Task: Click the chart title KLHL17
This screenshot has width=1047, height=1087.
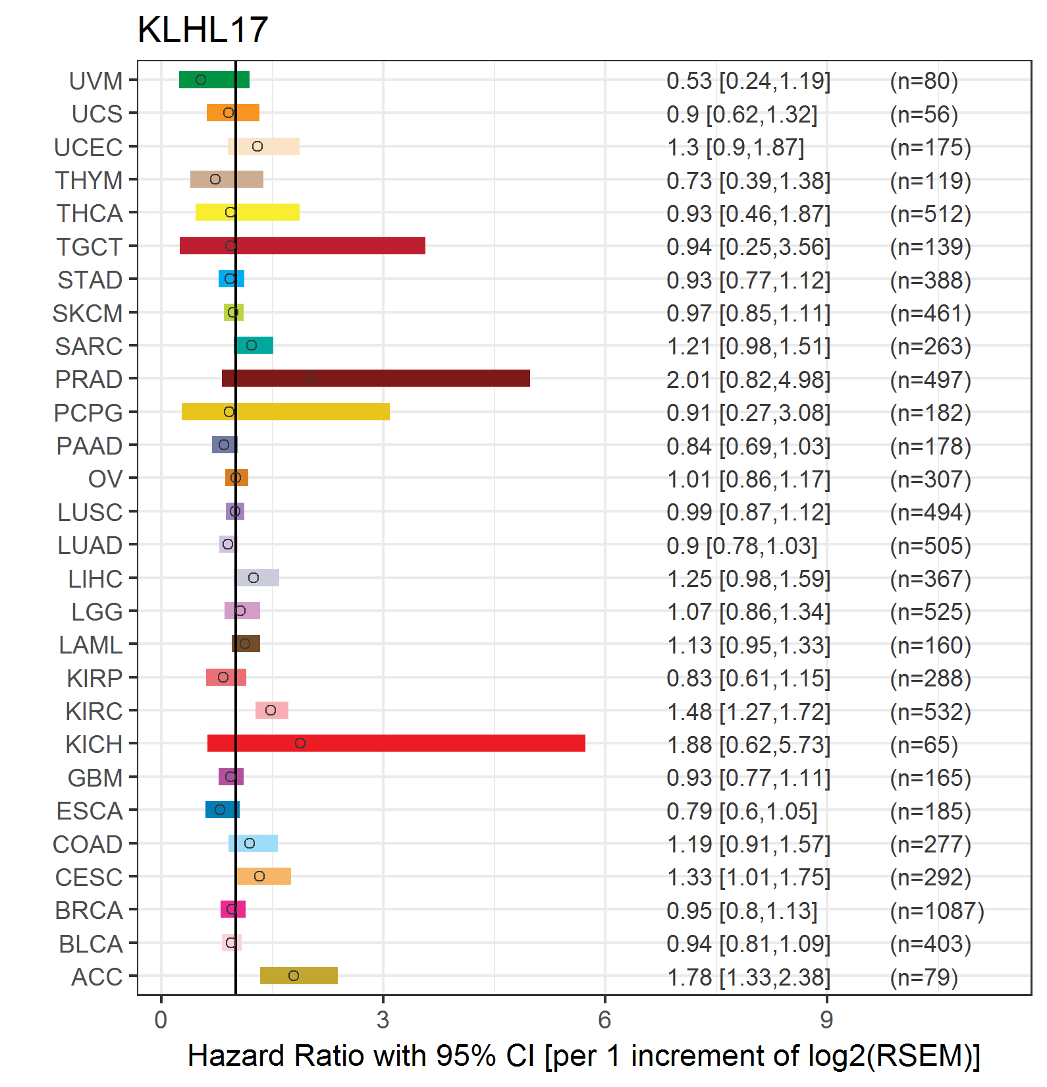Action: click(x=203, y=30)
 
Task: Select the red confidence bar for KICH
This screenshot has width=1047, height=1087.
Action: click(x=396, y=743)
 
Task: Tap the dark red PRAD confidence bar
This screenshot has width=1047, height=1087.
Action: click(x=376, y=378)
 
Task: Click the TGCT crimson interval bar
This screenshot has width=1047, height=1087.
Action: click(x=302, y=246)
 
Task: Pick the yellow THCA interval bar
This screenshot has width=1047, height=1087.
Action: click(x=248, y=212)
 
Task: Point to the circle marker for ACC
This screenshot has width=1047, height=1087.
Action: click(x=294, y=976)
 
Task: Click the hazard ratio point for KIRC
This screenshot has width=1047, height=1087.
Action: click(x=271, y=710)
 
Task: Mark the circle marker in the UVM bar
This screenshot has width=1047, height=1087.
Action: click(x=201, y=80)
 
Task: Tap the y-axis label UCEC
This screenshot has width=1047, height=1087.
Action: click(x=88, y=147)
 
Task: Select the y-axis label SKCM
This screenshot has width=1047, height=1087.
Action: click(x=88, y=313)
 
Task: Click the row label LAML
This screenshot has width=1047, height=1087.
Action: click(x=91, y=645)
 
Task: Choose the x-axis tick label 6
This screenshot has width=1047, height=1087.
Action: click(x=604, y=1020)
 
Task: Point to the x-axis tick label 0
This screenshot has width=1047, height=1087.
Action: click(x=161, y=1020)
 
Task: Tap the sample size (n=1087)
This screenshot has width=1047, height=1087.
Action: click(x=937, y=910)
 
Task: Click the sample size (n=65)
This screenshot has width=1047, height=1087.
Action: click(x=924, y=744)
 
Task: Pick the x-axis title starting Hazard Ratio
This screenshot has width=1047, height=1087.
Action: click(x=584, y=1056)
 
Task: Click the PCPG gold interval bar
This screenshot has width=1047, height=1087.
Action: click(x=286, y=412)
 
